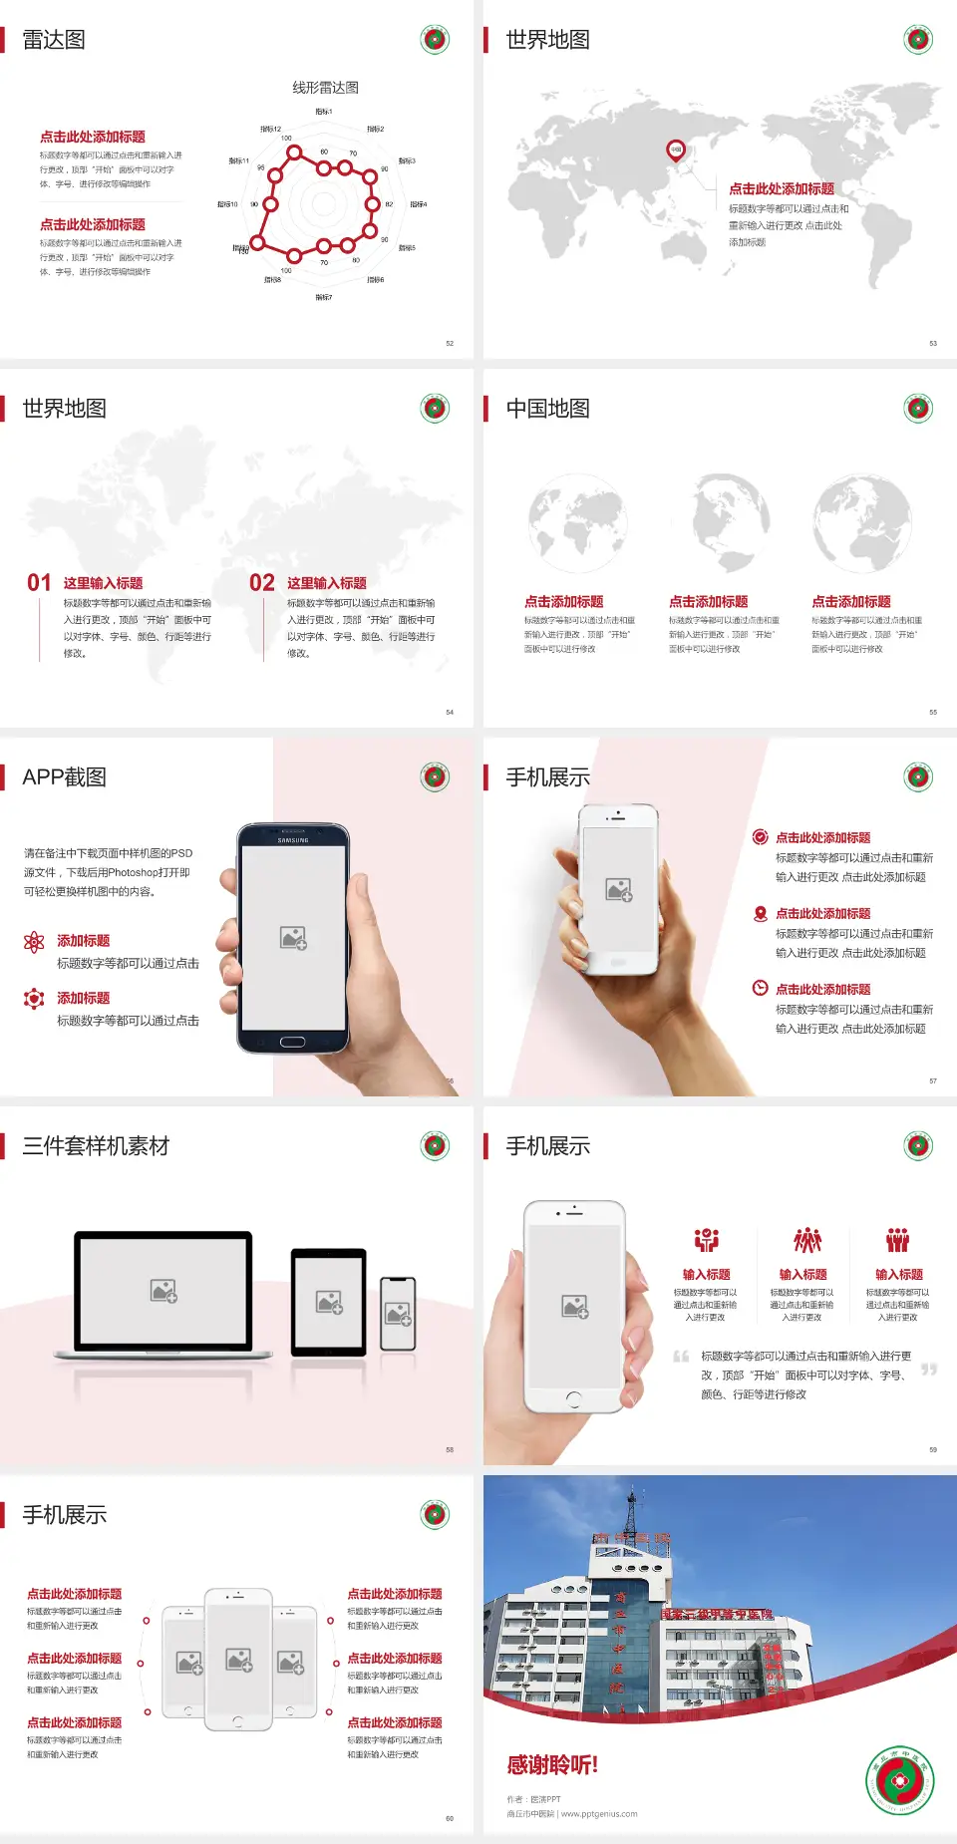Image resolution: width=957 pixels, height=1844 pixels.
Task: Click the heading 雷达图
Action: click(54, 40)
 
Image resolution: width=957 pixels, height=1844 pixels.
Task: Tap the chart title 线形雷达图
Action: click(325, 88)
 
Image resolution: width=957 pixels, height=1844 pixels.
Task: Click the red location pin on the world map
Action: click(676, 151)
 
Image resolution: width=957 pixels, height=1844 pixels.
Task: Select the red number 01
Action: click(39, 583)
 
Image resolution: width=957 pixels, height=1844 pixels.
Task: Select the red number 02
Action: click(262, 583)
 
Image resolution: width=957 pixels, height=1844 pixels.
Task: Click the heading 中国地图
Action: click(547, 409)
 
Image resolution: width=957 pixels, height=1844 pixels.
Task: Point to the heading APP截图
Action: click(65, 777)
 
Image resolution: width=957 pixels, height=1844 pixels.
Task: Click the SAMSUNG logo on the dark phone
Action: click(293, 840)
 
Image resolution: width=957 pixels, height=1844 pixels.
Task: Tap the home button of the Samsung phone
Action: click(292, 1042)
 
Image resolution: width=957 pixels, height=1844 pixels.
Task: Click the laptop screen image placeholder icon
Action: click(163, 1291)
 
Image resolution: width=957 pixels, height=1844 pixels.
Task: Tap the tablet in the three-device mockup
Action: click(329, 1302)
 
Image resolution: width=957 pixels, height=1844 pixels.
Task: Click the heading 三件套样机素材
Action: click(96, 1146)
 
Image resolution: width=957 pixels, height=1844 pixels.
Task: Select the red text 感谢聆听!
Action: click(552, 1765)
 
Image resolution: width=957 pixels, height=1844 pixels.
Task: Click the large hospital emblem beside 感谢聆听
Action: click(900, 1781)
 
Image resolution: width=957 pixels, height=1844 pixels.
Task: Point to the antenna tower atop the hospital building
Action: click(630, 1512)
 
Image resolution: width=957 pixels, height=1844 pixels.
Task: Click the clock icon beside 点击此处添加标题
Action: click(760, 988)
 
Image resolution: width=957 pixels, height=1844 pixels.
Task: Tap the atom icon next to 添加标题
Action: click(34, 941)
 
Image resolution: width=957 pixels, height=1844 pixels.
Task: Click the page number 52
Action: click(450, 343)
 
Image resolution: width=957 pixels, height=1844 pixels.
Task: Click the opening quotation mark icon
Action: click(681, 1356)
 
